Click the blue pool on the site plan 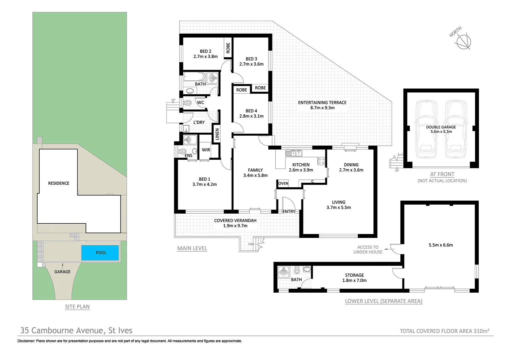click(100, 253)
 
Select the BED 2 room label click(206, 51)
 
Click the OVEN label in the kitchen click(283, 183)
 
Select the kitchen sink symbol click(294, 153)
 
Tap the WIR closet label click(206, 150)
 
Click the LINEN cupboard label click(217, 134)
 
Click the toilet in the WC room click(187, 103)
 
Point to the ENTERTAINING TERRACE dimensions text click(322, 108)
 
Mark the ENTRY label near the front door click(288, 212)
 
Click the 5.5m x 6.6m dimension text click(440, 245)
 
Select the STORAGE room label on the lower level click(354, 275)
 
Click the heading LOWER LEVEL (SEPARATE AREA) click(383, 301)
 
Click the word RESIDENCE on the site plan click(59, 183)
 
